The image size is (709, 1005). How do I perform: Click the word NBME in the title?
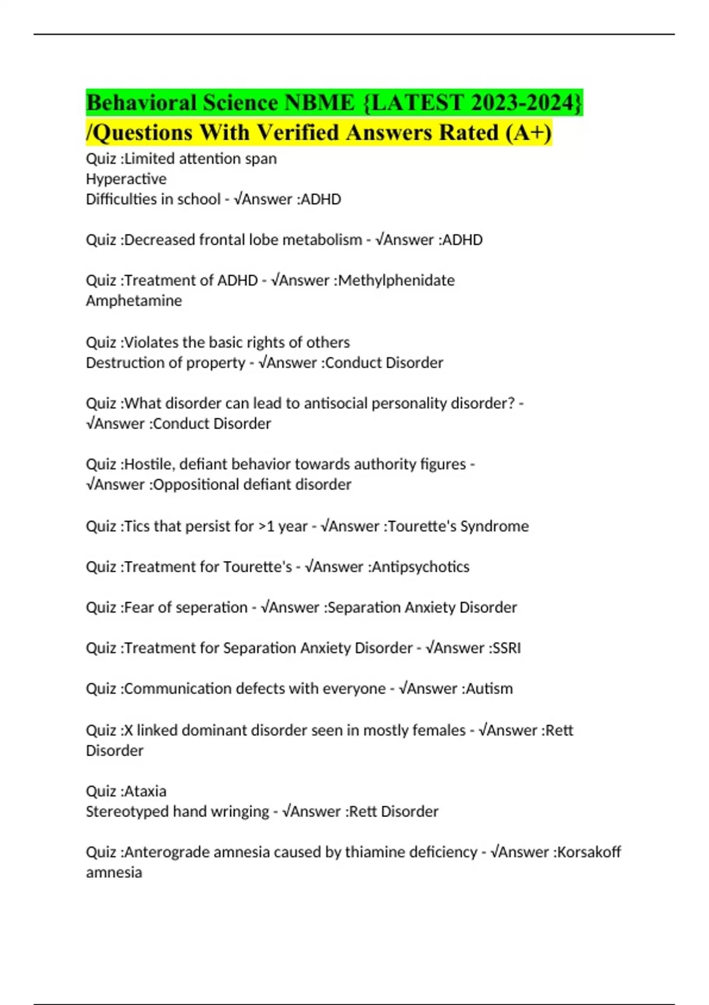click(320, 103)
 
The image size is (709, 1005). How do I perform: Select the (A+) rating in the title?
click(529, 132)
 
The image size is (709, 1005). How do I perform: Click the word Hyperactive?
click(126, 179)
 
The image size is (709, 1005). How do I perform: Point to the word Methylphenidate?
click(396, 280)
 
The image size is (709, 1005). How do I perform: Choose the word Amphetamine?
click(134, 300)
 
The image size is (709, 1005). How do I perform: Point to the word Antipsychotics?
click(420, 566)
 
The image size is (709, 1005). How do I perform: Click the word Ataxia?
click(145, 791)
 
